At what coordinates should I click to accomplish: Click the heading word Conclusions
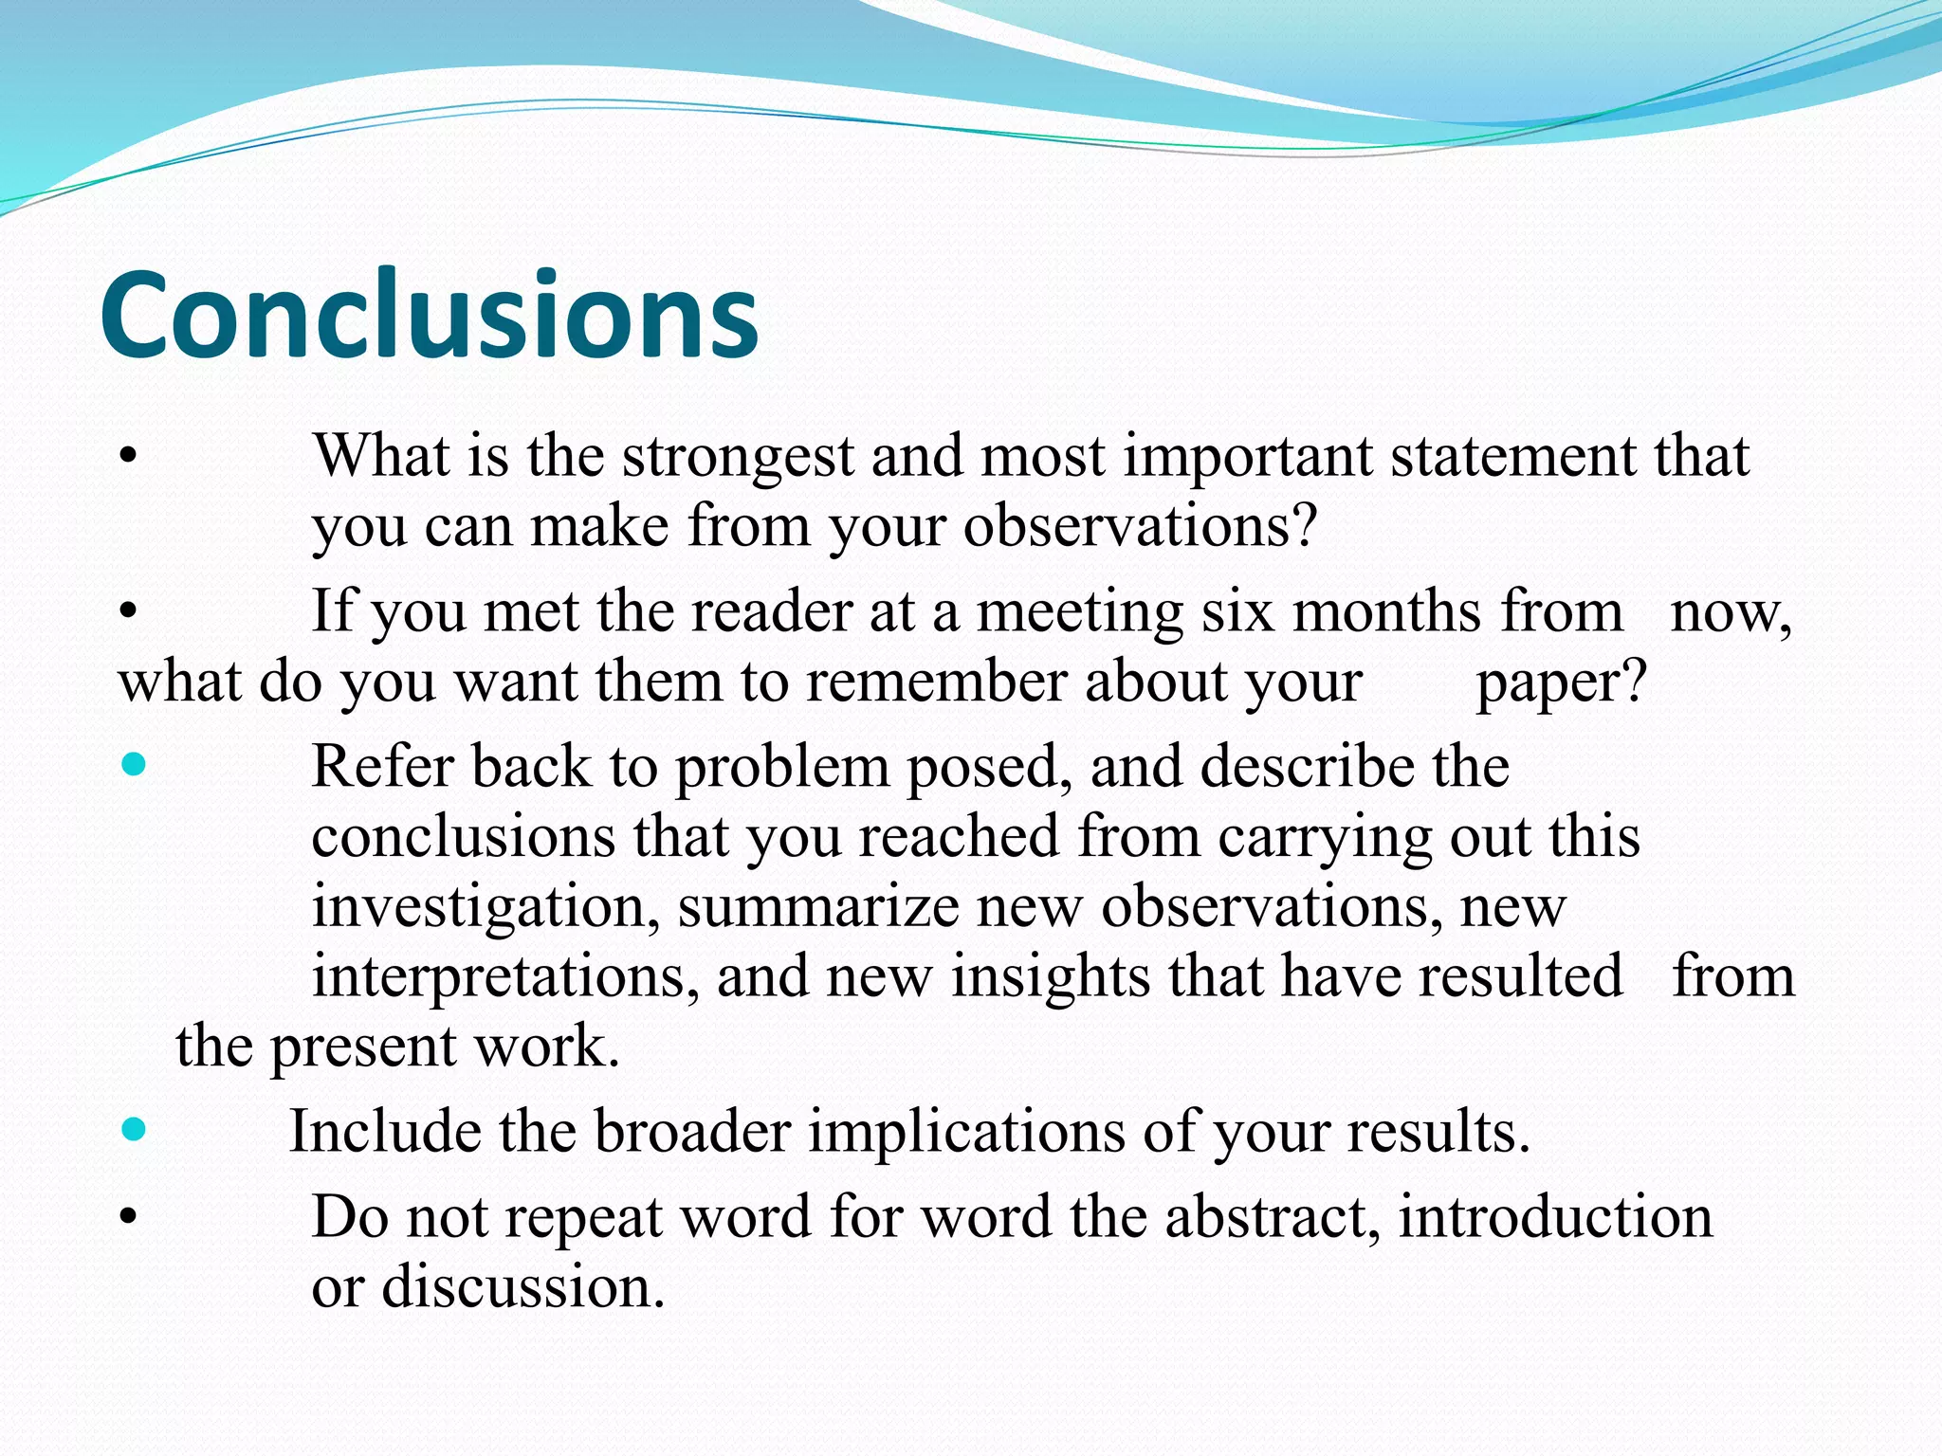(429, 315)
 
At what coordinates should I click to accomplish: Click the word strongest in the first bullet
(739, 457)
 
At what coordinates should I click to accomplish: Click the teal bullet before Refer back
(134, 764)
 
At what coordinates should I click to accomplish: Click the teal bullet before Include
(134, 1129)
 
